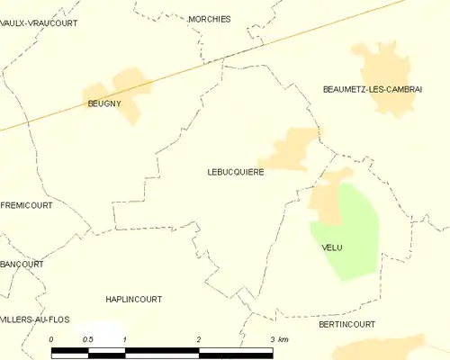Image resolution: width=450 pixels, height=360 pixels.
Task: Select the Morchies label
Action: (210, 19)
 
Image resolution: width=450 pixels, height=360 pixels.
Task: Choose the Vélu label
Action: (332, 247)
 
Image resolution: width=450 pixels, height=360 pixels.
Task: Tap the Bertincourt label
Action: (346, 323)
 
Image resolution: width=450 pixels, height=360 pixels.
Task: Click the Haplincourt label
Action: (133, 299)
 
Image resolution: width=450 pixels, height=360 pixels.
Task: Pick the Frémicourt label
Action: (27, 205)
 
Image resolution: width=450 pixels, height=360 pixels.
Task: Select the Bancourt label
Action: (22, 265)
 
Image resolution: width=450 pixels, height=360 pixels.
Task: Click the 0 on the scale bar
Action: (51, 339)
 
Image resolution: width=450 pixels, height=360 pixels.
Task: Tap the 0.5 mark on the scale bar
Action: (87, 339)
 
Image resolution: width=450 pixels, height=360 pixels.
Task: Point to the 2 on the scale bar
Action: (198, 339)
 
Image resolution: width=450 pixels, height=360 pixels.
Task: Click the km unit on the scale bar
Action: (283, 339)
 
